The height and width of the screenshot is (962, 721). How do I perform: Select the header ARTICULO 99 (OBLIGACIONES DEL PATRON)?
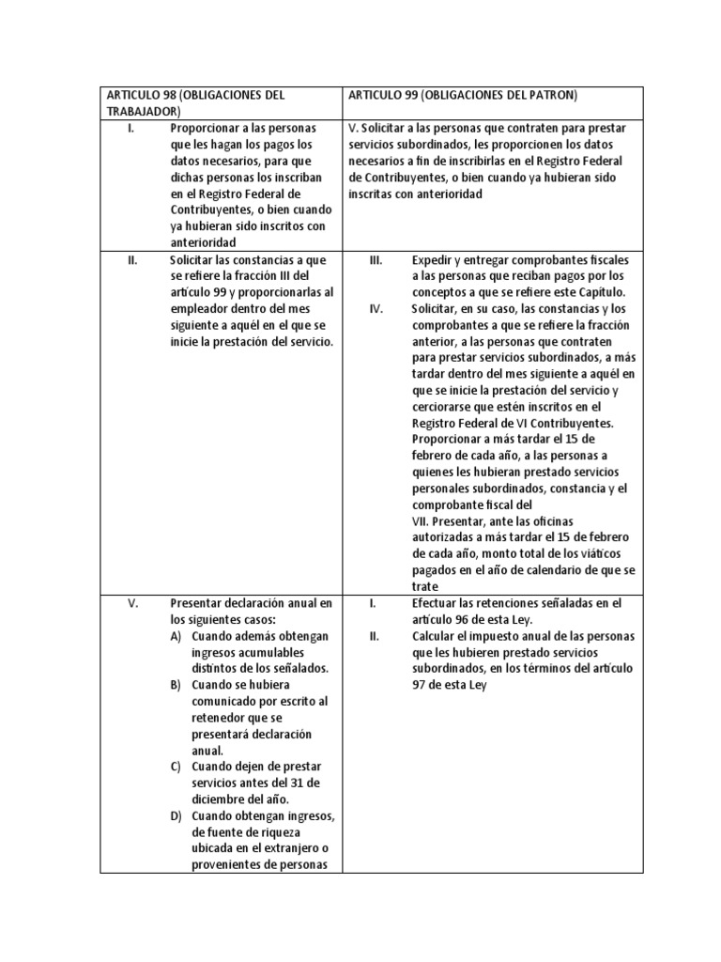coord(461,95)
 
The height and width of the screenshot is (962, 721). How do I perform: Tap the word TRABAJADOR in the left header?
coord(143,111)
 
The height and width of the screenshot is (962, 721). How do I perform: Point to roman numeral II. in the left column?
coord(133,259)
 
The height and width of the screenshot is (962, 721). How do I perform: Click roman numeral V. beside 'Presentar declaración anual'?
coord(133,603)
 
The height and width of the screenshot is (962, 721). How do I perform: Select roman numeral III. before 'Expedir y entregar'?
coord(376,259)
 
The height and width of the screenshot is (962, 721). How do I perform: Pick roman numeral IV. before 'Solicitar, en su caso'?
coord(376,309)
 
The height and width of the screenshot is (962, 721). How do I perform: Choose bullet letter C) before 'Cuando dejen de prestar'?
coord(176,767)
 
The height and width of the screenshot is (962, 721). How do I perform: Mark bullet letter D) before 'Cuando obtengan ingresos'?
coord(176,815)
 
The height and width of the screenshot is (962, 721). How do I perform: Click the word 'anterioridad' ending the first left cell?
coord(203,241)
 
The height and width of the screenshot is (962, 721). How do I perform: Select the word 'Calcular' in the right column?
coord(436,637)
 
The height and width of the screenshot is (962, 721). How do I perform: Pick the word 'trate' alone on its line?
coord(425,586)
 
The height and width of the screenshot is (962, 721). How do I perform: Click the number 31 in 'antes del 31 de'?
coord(277,784)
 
